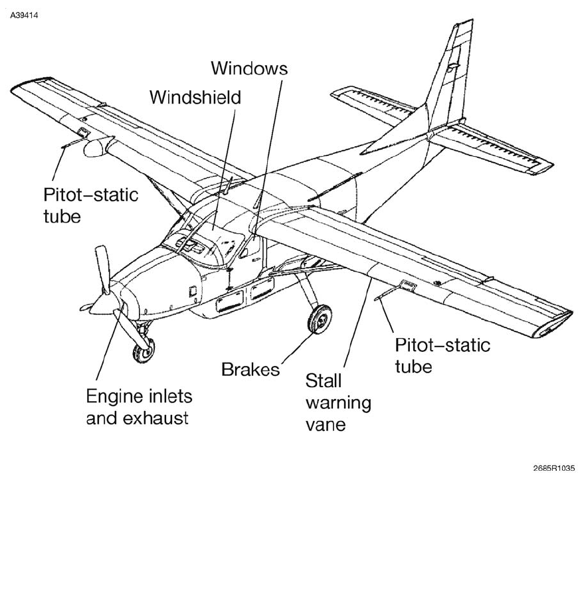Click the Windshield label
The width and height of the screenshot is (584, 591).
tap(195, 97)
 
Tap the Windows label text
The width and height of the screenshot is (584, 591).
tap(249, 68)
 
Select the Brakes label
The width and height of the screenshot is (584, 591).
tap(250, 370)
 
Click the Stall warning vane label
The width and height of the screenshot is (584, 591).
tap(338, 402)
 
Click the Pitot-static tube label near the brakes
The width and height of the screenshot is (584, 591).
tap(442, 356)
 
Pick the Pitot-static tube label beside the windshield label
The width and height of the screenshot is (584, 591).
tap(90, 205)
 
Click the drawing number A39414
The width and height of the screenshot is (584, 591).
tap(25, 15)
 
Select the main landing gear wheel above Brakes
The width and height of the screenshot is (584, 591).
tap(321, 319)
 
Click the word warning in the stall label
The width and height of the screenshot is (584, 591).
tap(338, 402)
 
